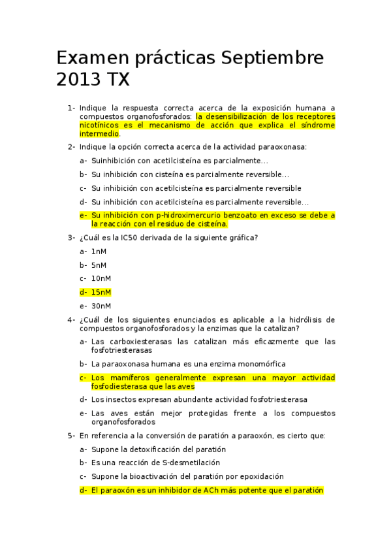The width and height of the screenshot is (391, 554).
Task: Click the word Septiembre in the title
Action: (x=272, y=57)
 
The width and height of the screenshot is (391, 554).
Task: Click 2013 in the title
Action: (x=76, y=80)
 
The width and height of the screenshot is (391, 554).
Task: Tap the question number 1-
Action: (x=71, y=107)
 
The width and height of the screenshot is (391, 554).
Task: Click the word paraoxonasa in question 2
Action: (x=281, y=147)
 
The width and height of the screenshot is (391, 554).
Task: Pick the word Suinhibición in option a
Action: (x=114, y=161)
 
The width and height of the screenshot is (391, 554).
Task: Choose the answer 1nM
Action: (x=99, y=252)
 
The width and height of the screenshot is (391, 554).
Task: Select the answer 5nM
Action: (x=99, y=265)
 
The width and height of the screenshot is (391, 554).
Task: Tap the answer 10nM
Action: (x=101, y=278)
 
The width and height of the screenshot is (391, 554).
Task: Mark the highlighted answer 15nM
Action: (x=101, y=292)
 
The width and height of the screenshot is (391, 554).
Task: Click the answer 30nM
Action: (x=101, y=306)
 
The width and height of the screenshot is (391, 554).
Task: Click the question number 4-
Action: (x=71, y=319)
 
